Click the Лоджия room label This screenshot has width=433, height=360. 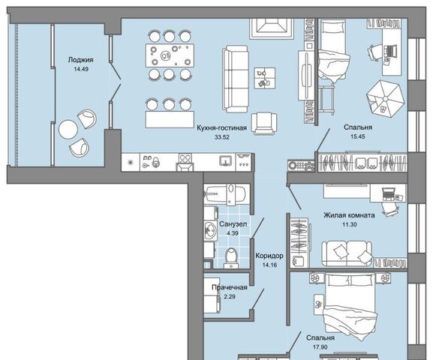[80, 60]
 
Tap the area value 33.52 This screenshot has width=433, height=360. [222, 137]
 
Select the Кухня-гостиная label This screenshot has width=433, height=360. [221, 127]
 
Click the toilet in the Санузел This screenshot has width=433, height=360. [231, 258]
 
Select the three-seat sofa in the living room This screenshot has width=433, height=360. [235, 79]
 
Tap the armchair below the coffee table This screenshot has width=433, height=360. [264, 124]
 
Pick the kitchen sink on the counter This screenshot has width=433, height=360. [227, 160]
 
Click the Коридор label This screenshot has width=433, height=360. [269, 256]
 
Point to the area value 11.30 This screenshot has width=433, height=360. [350, 224]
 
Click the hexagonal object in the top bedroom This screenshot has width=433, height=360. [386, 99]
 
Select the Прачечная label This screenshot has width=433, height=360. [230, 287]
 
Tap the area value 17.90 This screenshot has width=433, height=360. [320, 347]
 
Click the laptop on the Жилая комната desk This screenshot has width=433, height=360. [389, 193]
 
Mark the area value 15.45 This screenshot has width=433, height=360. [358, 136]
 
